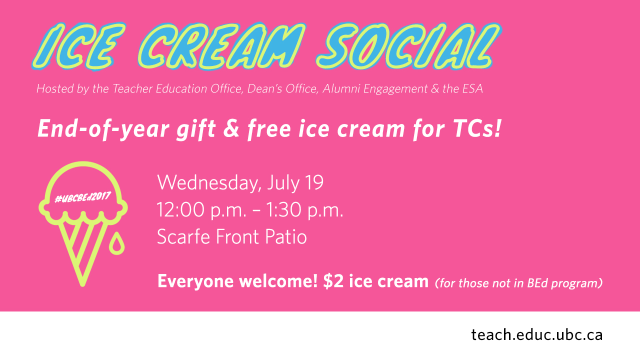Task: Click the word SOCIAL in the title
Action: point(408,46)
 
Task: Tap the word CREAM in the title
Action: point(221,46)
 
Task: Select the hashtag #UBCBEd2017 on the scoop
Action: point(83,197)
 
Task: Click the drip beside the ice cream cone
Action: point(116,243)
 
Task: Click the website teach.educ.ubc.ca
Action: point(537,334)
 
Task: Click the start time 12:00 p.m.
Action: point(201,210)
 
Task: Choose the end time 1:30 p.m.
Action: point(304,210)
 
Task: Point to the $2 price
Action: point(333,281)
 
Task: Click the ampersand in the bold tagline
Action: point(231,129)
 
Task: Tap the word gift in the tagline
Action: point(196,129)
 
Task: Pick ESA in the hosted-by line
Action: point(472,88)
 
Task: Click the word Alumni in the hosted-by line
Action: point(341,88)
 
